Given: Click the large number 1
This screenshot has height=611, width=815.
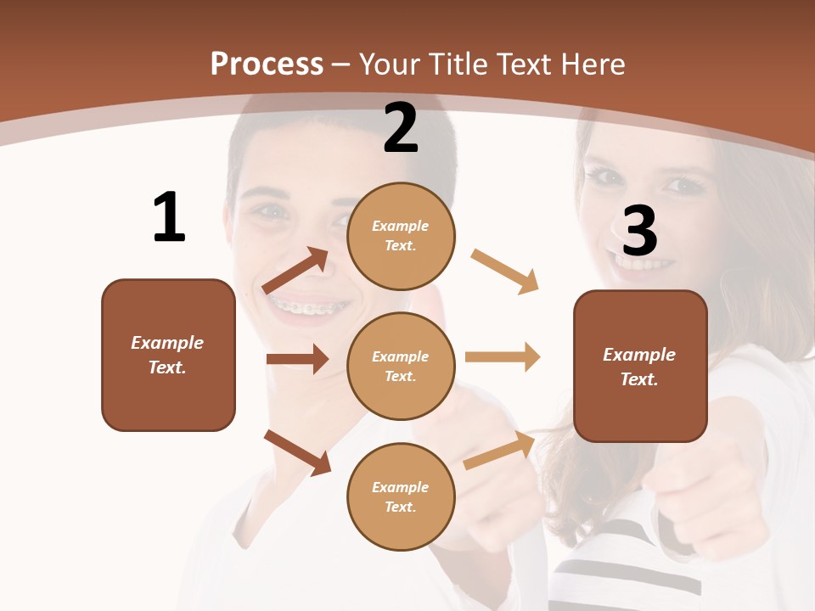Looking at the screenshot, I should tap(169, 218).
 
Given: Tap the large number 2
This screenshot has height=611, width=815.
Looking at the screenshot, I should tap(401, 128).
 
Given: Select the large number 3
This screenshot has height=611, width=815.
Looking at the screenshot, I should tap(639, 231).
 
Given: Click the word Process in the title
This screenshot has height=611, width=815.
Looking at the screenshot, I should tap(267, 64).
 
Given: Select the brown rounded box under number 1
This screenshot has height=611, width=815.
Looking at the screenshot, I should tap(168, 355).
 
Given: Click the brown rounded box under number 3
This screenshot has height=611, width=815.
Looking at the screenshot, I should tap(640, 366).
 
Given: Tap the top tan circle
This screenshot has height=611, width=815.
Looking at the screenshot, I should tap(401, 236).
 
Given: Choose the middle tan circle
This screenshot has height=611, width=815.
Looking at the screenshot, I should tap(401, 366).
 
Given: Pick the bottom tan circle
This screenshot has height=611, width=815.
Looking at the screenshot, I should tap(401, 496).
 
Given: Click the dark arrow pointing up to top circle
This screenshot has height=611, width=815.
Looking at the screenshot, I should tap(296, 271).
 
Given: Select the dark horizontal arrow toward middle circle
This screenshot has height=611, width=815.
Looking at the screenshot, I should tap(297, 359).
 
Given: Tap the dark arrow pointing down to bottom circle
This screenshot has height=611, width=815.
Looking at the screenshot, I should tap(297, 452).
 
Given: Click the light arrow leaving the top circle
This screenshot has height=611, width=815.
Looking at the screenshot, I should tap(505, 272).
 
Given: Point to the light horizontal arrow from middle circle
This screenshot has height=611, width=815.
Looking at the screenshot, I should tap(503, 357).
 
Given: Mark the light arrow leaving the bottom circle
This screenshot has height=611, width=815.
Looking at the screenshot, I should tap(500, 451).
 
